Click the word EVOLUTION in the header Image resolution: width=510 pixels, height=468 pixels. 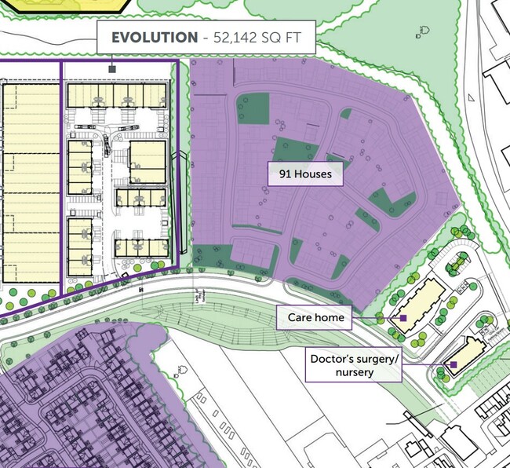(x=155, y=37)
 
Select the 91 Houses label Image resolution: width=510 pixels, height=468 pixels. (x=305, y=174)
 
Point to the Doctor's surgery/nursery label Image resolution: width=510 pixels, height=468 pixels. (x=355, y=365)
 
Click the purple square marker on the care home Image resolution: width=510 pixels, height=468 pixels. (x=403, y=318)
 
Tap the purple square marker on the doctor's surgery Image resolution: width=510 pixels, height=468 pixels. (x=454, y=364)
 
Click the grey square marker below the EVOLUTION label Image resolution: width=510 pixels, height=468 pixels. (x=112, y=69)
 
